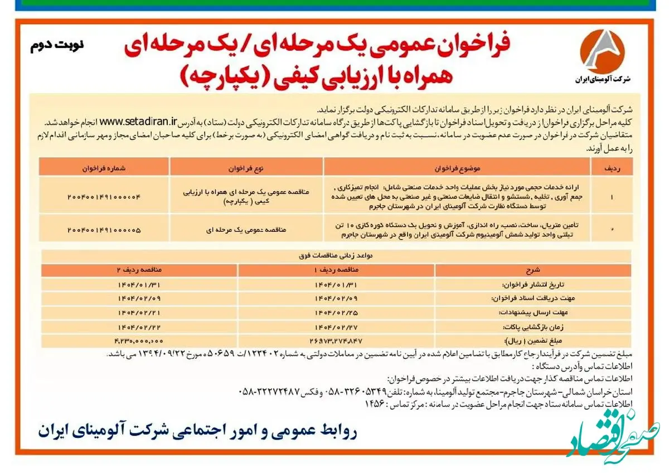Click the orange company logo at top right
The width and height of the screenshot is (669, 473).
[x=602, y=50]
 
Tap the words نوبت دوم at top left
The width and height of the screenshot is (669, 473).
[x=56, y=45]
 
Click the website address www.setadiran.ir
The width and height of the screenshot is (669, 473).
[x=139, y=119]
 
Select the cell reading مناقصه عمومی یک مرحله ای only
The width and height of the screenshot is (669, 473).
[x=247, y=229]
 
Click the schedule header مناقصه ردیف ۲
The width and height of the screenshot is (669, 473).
[x=139, y=270]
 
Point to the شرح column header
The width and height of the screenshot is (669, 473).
[x=533, y=270]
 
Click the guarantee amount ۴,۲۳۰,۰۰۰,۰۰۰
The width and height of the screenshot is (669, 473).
[x=139, y=340]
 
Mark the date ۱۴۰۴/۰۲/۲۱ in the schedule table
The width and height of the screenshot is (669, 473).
[x=139, y=313]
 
